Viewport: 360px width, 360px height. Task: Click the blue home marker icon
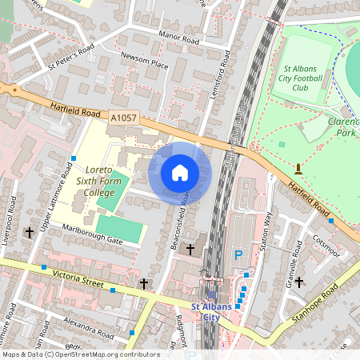point(180,173)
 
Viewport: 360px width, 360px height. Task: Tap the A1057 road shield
point(123,118)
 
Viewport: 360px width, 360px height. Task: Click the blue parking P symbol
point(238,255)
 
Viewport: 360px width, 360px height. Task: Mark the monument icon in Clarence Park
point(298,169)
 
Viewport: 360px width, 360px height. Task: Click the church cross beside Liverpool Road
point(30,232)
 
